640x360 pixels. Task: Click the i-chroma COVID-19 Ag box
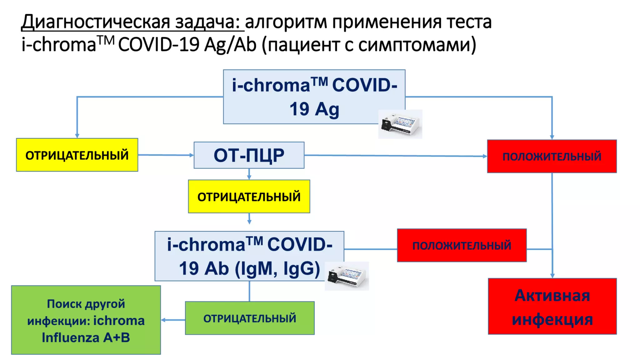[x=314, y=97]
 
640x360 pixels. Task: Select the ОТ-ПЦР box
[x=249, y=155]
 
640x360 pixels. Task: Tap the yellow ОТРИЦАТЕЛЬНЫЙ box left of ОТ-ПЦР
[x=77, y=155]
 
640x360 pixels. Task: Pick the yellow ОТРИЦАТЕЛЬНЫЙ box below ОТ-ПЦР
[x=249, y=197]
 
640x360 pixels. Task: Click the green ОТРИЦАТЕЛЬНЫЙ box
[x=249, y=318]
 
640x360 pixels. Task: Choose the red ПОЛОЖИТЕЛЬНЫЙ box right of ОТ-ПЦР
[x=552, y=156]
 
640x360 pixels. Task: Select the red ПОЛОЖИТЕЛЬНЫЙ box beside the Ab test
[x=462, y=245]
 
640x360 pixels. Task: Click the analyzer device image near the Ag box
[x=400, y=124]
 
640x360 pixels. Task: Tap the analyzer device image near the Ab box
[x=347, y=276]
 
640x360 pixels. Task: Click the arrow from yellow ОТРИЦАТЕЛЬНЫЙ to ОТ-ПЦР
[x=166, y=155]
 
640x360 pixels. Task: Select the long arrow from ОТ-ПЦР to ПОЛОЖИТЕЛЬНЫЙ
[x=395, y=156]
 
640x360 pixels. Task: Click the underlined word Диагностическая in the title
[x=96, y=22]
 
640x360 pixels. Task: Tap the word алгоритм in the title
[x=286, y=22]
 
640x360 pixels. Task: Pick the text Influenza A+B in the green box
[x=86, y=337]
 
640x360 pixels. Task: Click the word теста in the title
[x=469, y=22]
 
